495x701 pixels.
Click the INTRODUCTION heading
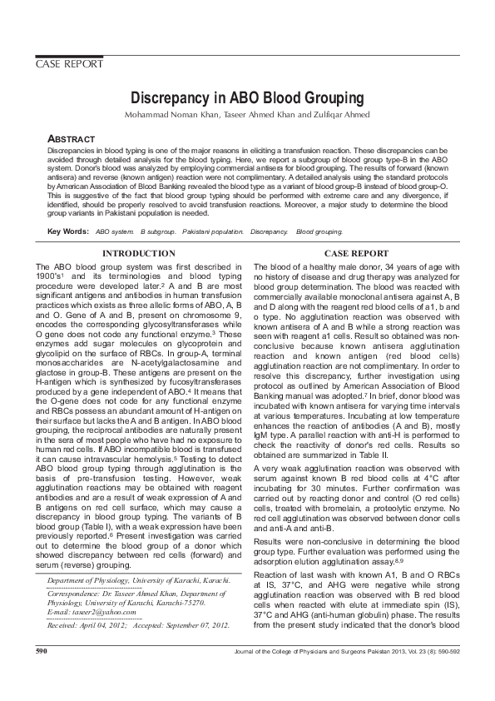pyautogui.click(x=137, y=253)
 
